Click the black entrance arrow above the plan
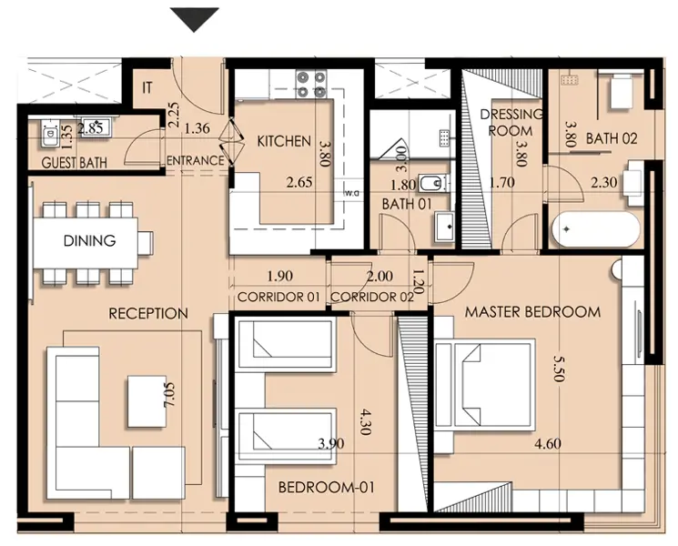[194, 18]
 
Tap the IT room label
[147, 87]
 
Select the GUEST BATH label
[75, 163]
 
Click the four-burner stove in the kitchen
[311, 85]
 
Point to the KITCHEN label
[284, 141]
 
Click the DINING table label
[89, 240]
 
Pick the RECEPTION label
[148, 313]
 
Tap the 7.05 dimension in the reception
[168, 395]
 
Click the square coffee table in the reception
[147, 400]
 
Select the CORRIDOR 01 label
[278, 297]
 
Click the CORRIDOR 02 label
[372, 297]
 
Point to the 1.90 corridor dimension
[279, 276]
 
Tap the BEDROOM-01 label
[327, 488]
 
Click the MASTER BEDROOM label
[532, 312]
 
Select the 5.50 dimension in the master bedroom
[559, 369]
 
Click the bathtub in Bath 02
[596, 229]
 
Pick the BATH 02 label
[612, 138]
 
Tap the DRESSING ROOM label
[511, 122]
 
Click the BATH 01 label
[407, 204]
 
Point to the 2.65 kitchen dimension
[299, 182]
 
